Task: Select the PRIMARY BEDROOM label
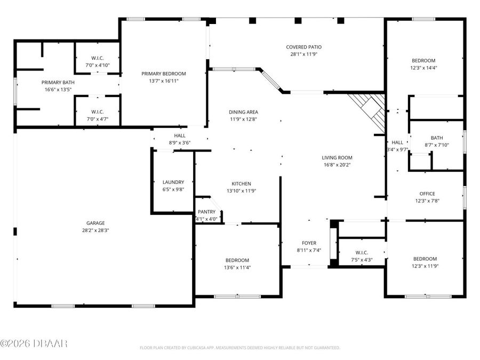pyautogui.click(x=164, y=74)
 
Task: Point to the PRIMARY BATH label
pyautogui.click(x=58, y=83)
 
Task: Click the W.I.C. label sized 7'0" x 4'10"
pyautogui.click(x=97, y=58)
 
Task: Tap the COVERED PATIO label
pyautogui.click(x=303, y=47)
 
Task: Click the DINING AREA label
pyautogui.click(x=243, y=112)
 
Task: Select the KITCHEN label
pyautogui.click(x=241, y=183)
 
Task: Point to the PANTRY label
pyautogui.click(x=206, y=212)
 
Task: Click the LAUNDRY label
pyautogui.click(x=173, y=182)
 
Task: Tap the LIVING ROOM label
pyautogui.click(x=337, y=158)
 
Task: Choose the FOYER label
pyautogui.click(x=309, y=243)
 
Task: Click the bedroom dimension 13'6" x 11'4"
pyautogui.click(x=237, y=268)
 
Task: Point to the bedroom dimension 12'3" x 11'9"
pyautogui.click(x=425, y=266)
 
